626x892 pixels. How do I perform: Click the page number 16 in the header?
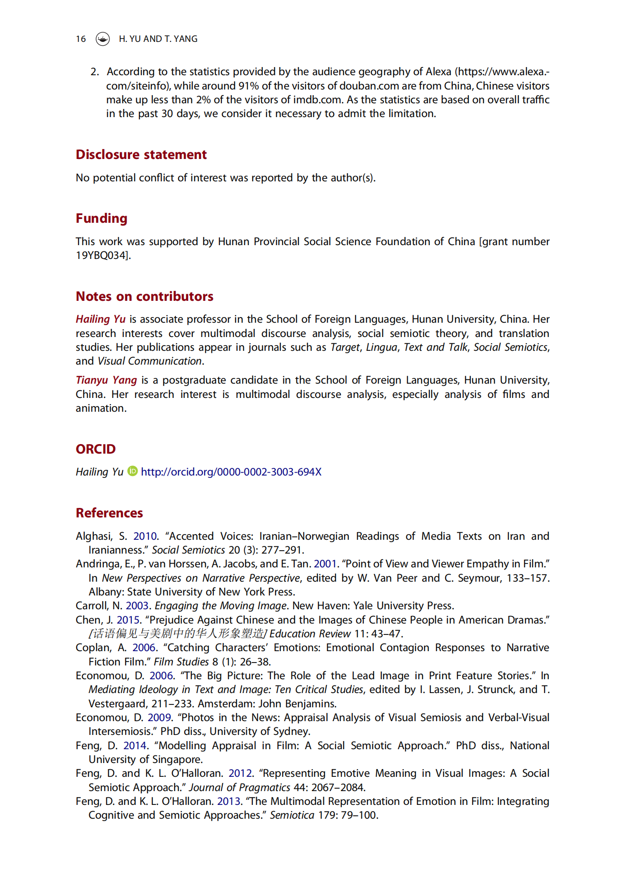coord(81,39)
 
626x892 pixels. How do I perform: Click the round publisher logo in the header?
coord(102,39)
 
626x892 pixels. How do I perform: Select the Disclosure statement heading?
coord(141,155)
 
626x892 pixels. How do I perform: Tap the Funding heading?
coord(101,218)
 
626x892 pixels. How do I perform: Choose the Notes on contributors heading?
coord(144,297)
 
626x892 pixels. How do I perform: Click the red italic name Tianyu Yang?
coord(106,380)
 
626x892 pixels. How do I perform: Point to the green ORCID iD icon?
coord(132,471)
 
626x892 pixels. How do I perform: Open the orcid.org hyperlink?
coord(231,472)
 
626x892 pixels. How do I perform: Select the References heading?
coord(109,513)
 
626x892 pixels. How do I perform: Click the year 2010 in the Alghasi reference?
coord(145,536)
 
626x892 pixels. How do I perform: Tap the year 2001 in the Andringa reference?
coord(325,564)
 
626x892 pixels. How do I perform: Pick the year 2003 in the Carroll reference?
coord(137,606)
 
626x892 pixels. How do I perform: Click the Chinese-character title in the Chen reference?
coord(178,634)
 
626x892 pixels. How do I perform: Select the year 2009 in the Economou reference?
coord(159,718)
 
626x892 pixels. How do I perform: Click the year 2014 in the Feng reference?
coord(135,746)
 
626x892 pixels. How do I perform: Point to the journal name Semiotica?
coord(292,815)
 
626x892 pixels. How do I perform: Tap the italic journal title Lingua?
coord(381,347)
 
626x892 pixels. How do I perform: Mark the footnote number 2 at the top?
coord(94,72)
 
